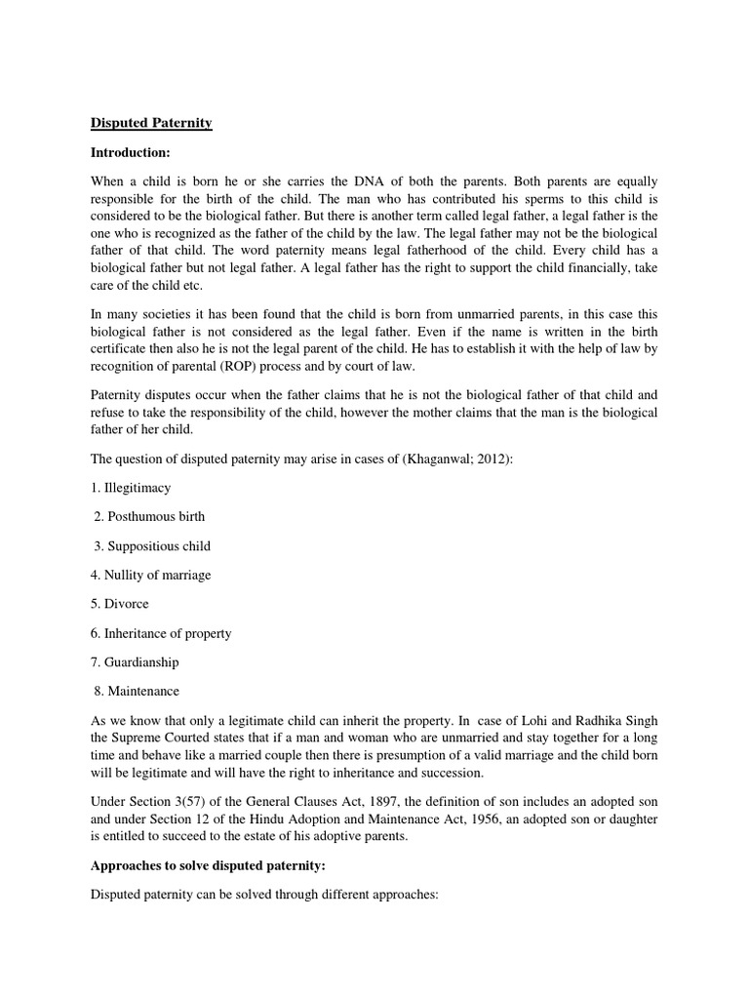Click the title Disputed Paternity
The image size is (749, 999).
151,123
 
